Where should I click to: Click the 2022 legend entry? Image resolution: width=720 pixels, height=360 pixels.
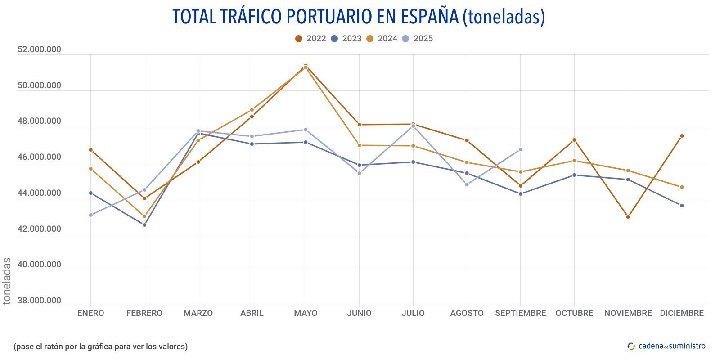coord(310,39)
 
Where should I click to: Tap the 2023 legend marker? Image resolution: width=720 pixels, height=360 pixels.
coord(334,39)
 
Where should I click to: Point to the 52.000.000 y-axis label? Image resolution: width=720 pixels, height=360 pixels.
coord(39,49)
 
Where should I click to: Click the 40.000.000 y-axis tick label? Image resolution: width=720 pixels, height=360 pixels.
coord(39,265)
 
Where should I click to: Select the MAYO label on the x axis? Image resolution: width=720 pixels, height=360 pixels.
coord(306,313)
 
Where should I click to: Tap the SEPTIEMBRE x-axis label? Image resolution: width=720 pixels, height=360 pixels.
coord(520,313)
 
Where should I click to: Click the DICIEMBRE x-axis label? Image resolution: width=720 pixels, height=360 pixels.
coord(681,313)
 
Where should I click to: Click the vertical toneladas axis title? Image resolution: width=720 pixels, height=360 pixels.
coord(7,281)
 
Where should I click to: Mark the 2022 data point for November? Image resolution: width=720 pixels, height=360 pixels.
coord(628,217)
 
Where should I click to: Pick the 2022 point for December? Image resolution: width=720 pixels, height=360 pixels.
coord(682,136)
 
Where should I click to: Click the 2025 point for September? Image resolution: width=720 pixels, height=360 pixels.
coord(521,149)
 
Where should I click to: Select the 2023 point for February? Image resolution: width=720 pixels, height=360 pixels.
coord(144,225)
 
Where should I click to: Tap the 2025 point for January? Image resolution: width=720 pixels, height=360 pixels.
coord(91,215)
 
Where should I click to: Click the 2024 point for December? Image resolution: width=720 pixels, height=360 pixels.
coord(682,187)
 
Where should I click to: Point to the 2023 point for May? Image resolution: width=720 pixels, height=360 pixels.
coord(306,142)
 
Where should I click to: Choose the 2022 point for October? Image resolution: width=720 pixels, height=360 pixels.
coord(574,140)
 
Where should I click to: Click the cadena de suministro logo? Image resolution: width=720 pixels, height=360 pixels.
coord(666,346)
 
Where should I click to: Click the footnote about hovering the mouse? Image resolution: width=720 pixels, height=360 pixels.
coord(100,346)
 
